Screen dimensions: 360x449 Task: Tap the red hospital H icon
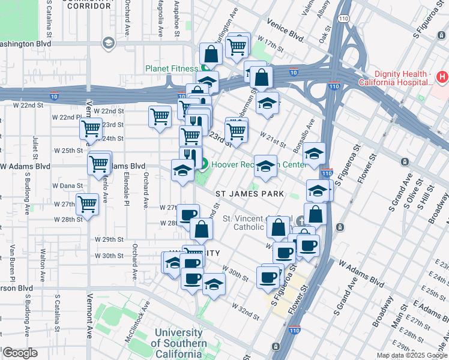pyautogui.click(x=442, y=77)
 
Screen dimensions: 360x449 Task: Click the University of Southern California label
pyautogui.click(x=178, y=343)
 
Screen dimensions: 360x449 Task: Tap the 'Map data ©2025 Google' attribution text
pyautogui.click(x=412, y=355)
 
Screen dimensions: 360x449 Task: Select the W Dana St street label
pyautogui.click(x=67, y=186)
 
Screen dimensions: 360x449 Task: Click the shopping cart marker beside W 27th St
pyautogui.click(x=88, y=204)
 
